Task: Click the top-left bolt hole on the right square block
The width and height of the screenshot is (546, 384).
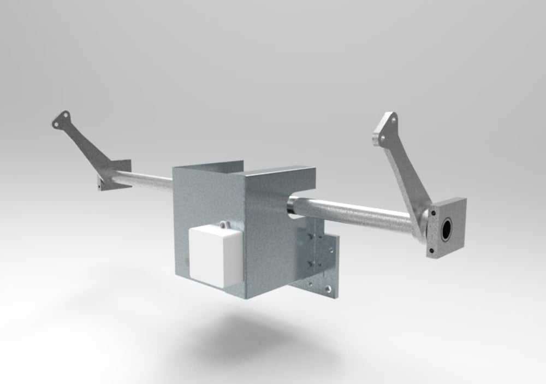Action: [435, 210]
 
